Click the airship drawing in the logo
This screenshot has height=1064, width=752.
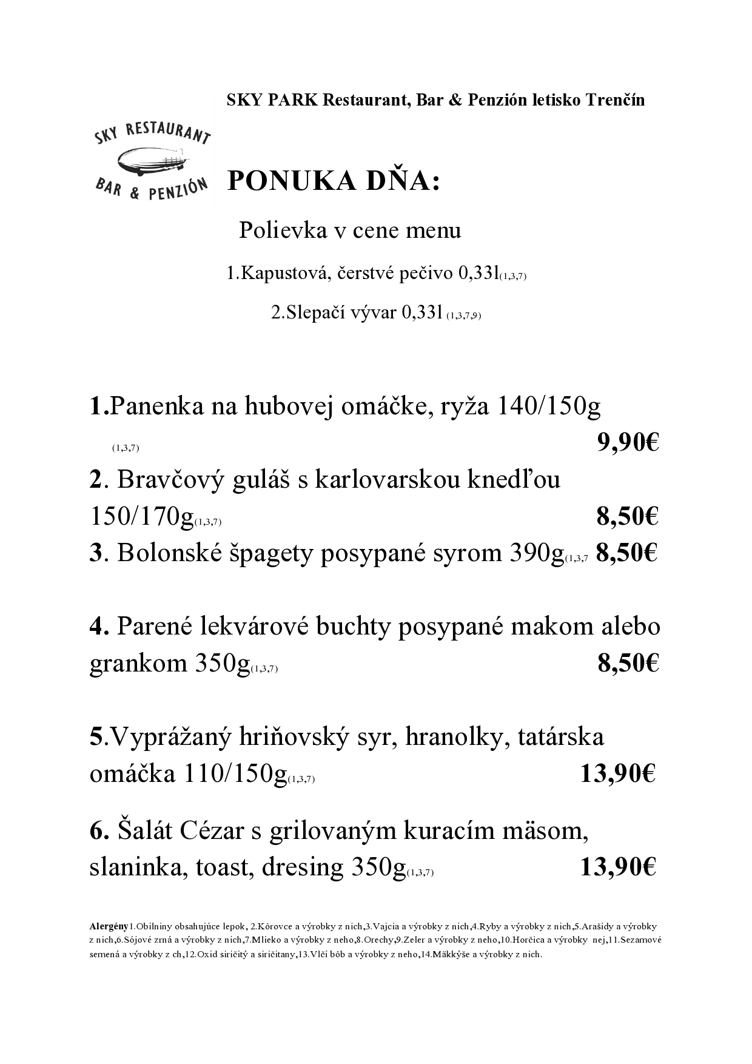[x=150, y=161]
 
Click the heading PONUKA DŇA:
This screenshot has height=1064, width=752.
[x=333, y=181]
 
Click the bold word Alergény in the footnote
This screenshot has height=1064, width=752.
[x=109, y=926]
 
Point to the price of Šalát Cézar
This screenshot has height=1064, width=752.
[x=618, y=867]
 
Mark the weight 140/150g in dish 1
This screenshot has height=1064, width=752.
[x=548, y=406]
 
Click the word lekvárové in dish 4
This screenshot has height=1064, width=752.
[x=255, y=627]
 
